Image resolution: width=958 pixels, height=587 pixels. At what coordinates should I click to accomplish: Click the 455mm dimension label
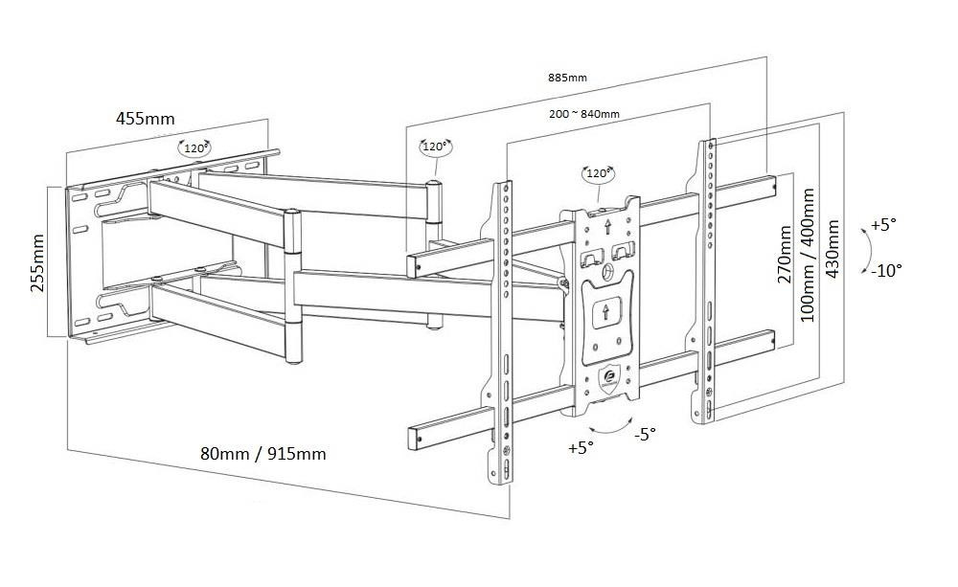tap(146, 119)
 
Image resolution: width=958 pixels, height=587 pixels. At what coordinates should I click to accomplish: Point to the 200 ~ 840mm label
tap(584, 114)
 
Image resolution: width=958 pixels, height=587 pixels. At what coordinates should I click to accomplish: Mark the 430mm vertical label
tap(833, 249)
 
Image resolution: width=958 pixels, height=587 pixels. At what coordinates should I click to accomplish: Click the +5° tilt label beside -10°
tap(883, 225)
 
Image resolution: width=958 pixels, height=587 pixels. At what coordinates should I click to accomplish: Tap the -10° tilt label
tap(886, 270)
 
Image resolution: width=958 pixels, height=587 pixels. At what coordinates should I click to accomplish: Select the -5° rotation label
tap(646, 434)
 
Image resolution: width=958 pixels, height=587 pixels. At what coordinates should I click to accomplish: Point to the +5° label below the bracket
tap(581, 447)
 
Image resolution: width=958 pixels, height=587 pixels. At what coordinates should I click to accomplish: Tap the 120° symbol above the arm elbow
tap(435, 147)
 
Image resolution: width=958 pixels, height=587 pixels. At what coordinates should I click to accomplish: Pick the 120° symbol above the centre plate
tap(598, 173)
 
